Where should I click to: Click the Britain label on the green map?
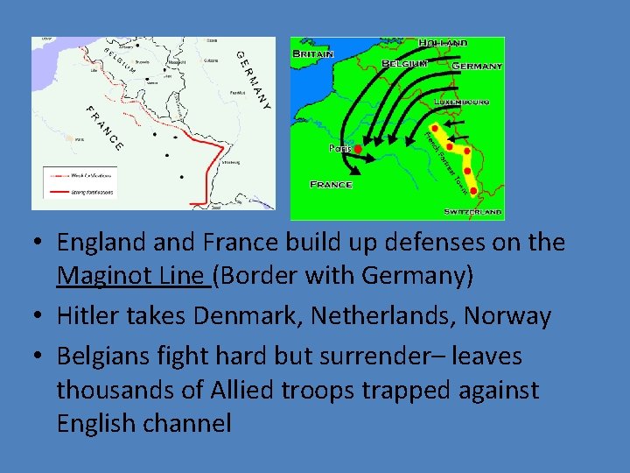tap(312, 53)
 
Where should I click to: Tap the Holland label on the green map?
tap(443, 43)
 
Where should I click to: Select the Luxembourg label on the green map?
tap(461, 102)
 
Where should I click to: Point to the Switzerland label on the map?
tap(472, 212)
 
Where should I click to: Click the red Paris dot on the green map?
tap(359, 150)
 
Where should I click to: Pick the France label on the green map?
tap(332, 185)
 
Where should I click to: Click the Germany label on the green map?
tap(477, 66)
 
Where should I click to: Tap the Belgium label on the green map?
tap(403, 64)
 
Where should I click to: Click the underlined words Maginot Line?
tap(131, 276)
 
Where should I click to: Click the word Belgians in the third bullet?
tap(109, 357)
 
